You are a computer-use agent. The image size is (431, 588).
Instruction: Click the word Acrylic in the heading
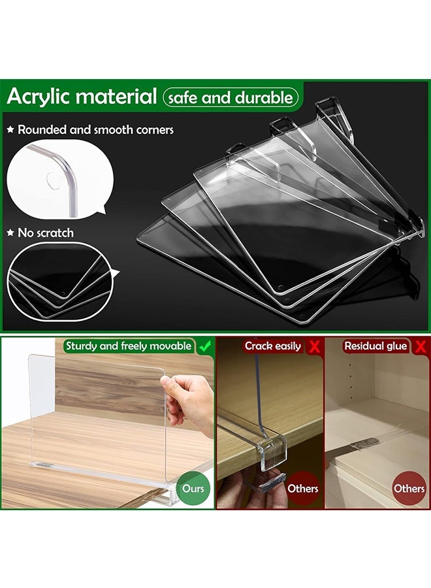(39, 97)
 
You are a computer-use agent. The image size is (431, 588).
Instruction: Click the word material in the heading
(116, 97)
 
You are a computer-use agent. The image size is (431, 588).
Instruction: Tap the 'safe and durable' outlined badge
(231, 98)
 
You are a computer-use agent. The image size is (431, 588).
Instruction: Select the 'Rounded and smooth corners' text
(95, 130)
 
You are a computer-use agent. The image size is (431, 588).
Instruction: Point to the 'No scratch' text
(46, 233)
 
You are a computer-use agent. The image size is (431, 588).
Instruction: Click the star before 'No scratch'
(10, 233)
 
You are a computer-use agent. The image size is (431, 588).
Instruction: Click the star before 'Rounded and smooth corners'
(10, 130)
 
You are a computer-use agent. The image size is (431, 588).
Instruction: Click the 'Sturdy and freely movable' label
(128, 346)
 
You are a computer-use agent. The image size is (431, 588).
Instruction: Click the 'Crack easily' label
(273, 346)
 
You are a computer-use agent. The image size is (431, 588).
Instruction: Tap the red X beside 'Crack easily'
(315, 346)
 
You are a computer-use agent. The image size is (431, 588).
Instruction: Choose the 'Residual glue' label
(375, 346)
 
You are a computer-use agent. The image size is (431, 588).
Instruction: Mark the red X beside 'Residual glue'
(419, 346)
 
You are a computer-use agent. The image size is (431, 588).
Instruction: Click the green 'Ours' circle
(193, 487)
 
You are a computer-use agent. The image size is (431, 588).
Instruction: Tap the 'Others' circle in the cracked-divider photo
(303, 487)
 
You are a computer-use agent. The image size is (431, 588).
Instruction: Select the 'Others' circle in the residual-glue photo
(409, 487)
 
